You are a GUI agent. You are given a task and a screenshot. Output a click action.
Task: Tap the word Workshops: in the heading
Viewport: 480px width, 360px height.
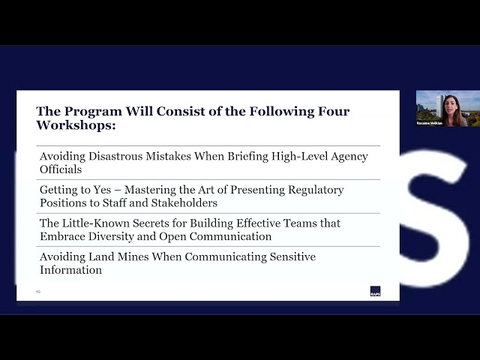pos(76,125)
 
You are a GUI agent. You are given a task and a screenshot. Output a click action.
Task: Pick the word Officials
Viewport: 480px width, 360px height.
pos(60,169)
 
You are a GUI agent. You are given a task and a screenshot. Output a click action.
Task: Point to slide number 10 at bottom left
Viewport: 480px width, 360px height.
pos(38,291)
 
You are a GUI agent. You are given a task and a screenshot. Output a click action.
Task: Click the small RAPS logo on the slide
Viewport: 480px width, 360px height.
pos(375,292)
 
